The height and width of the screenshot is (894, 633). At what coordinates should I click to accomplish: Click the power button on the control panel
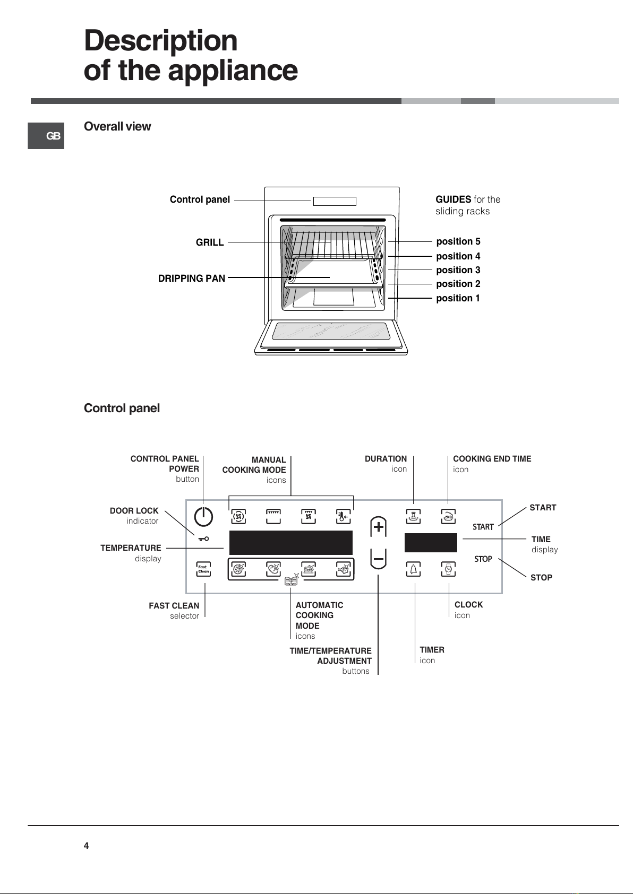click(203, 516)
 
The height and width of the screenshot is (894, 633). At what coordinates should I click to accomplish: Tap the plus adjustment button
click(378, 527)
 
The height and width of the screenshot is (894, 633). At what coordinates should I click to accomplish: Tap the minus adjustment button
click(378, 559)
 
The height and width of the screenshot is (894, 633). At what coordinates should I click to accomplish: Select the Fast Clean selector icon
click(203, 569)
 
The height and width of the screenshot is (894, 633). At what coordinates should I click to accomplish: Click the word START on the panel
click(483, 527)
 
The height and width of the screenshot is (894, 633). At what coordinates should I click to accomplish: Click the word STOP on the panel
click(483, 559)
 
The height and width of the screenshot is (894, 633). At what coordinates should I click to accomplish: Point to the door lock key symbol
click(203, 539)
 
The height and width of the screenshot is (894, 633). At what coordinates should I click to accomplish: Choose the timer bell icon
click(413, 569)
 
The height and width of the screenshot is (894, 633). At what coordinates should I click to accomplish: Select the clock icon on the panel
click(448, 569)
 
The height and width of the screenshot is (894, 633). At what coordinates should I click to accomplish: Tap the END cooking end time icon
click(448, 516)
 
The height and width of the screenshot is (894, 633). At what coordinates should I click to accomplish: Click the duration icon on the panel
click(413, 516)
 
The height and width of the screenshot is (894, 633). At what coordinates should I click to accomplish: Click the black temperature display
click(291, 543)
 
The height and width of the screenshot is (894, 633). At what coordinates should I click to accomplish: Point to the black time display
click(431, 543)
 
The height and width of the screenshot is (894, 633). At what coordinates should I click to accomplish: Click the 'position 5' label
click(458, 242)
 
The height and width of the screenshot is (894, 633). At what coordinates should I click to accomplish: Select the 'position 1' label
click(458, 298)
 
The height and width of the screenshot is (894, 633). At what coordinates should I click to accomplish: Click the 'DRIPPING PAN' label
click(192, 279)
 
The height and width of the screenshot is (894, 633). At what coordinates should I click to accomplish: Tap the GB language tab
click(46, 136)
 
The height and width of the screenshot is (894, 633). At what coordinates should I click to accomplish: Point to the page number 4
click(86, 846)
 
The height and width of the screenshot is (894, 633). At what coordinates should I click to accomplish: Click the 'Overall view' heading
click(117, 126)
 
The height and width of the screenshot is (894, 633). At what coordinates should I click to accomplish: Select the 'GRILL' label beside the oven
click(210, 242)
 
